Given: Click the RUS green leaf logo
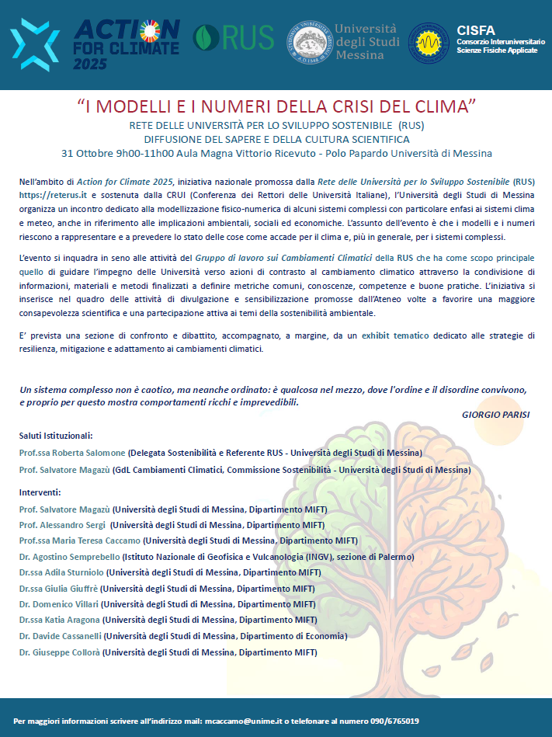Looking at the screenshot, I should (207, 37).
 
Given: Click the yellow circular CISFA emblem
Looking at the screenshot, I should (432, 43).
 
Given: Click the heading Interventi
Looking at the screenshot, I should (40, 492).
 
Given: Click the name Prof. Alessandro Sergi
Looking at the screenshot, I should (63, 525).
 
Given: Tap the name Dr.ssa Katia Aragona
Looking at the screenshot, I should (59, 620).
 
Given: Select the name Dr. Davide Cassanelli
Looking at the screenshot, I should (61, 636).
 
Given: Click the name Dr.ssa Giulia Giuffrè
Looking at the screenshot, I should (58, 588).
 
